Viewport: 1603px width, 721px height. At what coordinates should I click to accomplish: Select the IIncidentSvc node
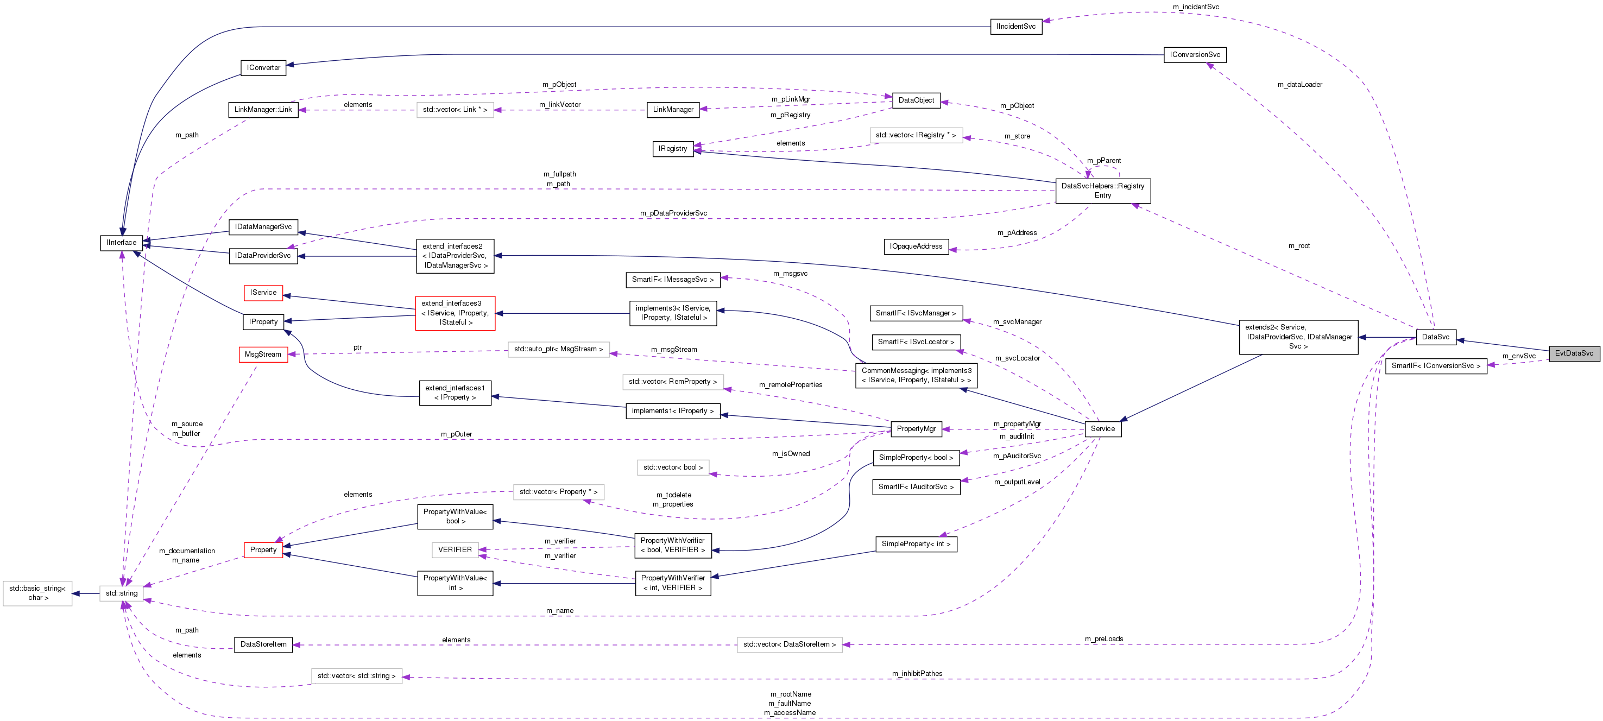(1015, 27)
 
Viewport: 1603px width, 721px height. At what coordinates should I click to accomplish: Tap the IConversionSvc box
(1194, 55)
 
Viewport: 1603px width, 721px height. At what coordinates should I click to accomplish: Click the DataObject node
(916, 100)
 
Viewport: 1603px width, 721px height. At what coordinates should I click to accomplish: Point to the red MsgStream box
(263, 355)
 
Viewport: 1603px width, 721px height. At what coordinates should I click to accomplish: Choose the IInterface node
(121, 243)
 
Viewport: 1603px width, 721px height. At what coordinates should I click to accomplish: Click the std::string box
(121, 593)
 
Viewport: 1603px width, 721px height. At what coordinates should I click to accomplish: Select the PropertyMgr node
(916, 428)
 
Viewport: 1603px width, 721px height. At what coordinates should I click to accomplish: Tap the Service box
(1102, 428)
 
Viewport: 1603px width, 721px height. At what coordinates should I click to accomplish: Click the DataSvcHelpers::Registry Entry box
(1102, 191)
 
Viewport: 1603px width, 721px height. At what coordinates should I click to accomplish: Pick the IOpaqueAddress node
(916, 246)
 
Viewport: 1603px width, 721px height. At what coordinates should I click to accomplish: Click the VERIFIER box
(455, 550)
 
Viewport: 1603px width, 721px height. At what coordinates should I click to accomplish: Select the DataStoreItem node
(263, 644)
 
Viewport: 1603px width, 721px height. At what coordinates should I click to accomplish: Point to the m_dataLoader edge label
(1299, 85)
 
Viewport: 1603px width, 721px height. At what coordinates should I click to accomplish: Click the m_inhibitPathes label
(917, 674)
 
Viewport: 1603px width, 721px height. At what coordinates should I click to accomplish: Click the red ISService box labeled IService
(263, 293)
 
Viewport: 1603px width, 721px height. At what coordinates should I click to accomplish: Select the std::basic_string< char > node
(37, 593)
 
